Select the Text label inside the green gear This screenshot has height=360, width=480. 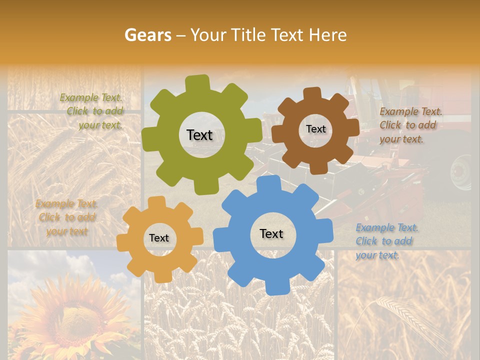[199, 135]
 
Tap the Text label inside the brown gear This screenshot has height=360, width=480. [315, 129]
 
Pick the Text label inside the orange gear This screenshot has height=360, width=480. [159, 238]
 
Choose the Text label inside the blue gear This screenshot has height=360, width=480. [271, 233]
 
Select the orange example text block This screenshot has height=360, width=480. [67, 217]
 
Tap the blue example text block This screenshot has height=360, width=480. [387, 241]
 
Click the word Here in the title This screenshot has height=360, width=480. [328, 35]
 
